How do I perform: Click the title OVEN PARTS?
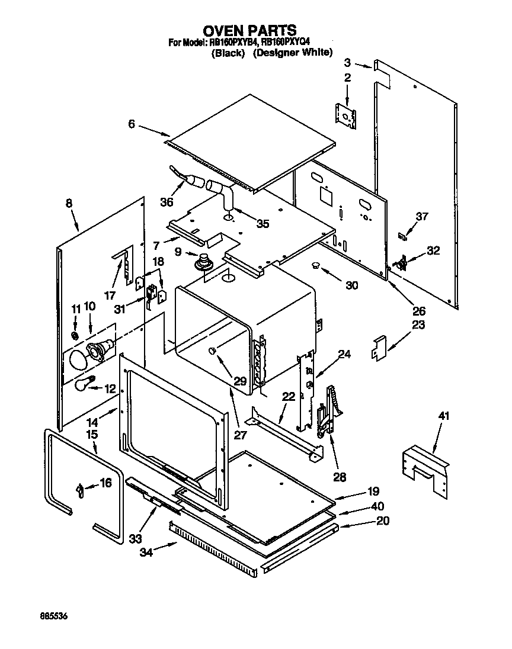pos(249,30)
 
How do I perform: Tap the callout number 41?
pos(444,416)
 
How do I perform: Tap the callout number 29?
pos(239,381)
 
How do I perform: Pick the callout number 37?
pos(421,217)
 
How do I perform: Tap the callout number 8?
pos(69,203)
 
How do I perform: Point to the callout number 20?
pos(383,522)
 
